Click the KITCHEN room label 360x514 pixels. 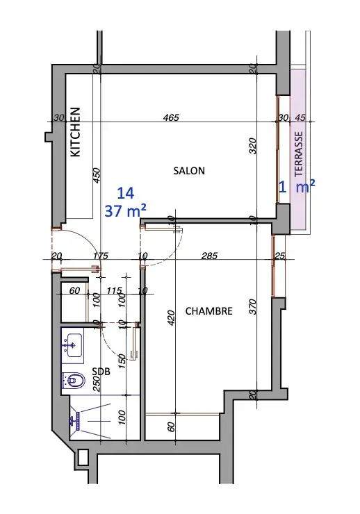click(76, 132)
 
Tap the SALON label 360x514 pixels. click(189, 170)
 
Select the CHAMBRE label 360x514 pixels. click(209, 310)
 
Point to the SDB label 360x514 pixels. click(101, 372)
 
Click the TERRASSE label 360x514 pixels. click(299, 154)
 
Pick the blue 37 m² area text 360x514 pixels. click(125, 210)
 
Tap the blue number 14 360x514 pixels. click(126, 193)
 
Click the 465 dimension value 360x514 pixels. click(171, 117)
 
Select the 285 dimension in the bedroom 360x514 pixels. click(209, 256)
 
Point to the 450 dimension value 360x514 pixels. click(97, 176)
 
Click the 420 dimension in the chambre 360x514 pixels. click(171, 318)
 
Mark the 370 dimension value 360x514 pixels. click(253, 306)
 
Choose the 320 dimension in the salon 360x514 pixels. click(253, 146)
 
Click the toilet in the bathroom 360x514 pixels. click(74, 380)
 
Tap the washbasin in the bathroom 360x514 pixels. click(74, 345)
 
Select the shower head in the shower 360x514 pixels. click(78, 421)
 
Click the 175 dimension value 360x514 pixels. click(100, 256)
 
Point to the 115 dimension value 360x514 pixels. click(115, 290)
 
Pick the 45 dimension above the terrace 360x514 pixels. click(300, 117)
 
